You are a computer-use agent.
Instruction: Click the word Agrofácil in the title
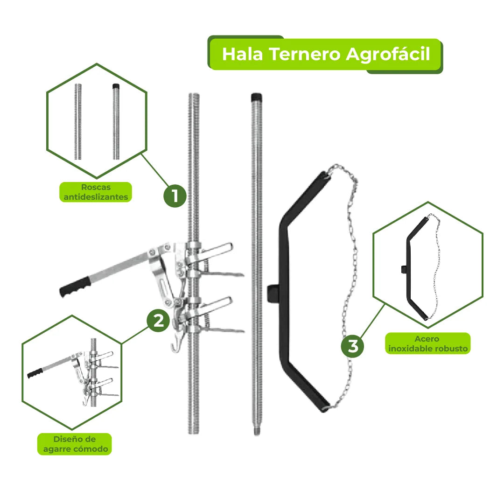pos(387,54)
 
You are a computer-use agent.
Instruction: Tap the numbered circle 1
pos(175,196)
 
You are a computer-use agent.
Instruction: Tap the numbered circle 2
pos(158,321)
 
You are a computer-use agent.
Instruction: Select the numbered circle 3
pos(352,346)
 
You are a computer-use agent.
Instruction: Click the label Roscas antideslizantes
pos(96,192)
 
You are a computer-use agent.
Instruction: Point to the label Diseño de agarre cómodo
pos(74,444)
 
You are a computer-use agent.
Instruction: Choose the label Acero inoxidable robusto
pos(427,343)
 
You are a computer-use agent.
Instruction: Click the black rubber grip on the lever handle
pos(74,286)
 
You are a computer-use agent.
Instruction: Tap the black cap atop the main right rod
pos(256,98)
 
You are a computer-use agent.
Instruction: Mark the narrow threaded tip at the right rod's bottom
pos(256,430)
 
